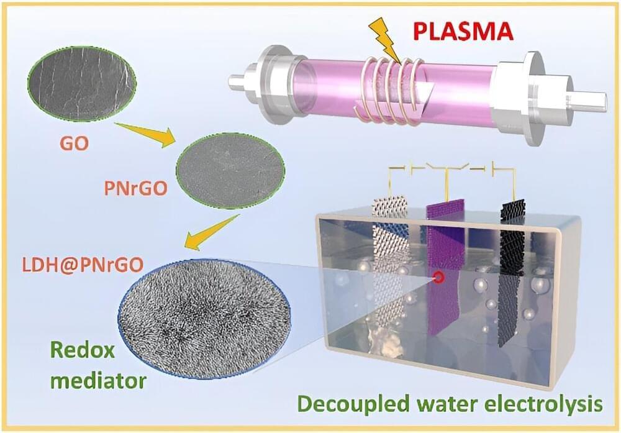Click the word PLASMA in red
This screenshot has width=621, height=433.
click(x=463, y=32)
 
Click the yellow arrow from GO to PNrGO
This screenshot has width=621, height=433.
click(x=145, y=134)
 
